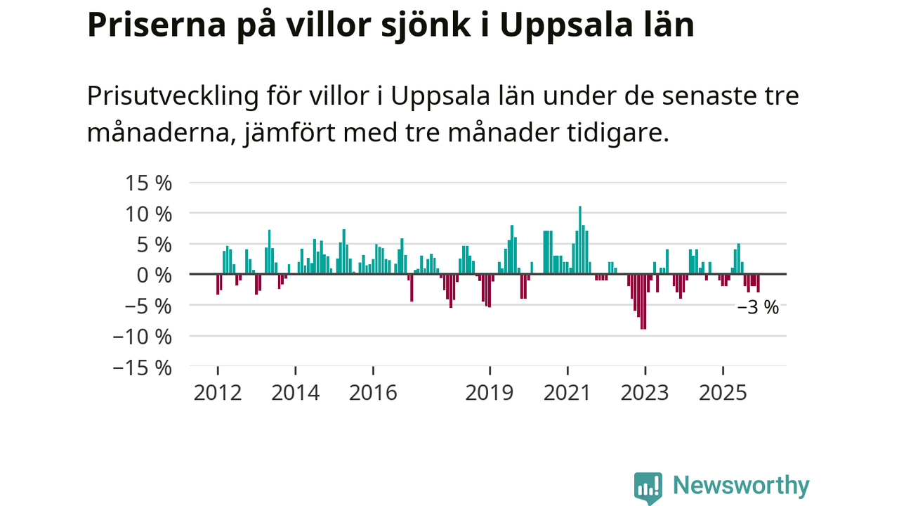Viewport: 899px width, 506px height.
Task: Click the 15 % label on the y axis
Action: point(148,183)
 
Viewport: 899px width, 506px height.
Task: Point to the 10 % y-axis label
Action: point(148,214)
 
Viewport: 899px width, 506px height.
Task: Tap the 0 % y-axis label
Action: point(154,275)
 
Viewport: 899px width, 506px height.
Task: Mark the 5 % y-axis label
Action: point(153,245)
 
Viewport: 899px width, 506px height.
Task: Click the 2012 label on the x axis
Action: point(218,392)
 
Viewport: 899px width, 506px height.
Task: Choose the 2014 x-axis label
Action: point(296,392)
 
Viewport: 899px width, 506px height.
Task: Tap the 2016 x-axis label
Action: point(373,392)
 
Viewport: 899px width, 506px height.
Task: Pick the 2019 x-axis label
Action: point(490,392)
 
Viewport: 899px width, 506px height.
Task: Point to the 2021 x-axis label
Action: point(567,392)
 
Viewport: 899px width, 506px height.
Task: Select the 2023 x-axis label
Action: point(645,392)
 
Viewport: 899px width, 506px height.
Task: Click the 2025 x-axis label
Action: point(723,392)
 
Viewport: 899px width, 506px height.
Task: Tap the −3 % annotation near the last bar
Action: point(758,308)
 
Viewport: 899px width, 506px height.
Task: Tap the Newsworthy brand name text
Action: point(741,486)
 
